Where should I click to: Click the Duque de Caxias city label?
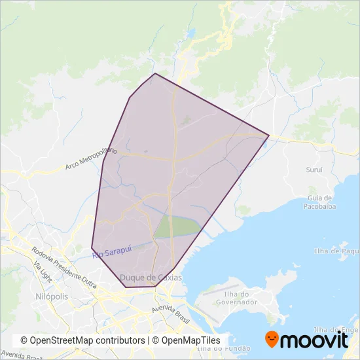(x=151, y=278)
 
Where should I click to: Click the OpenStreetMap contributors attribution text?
(x=82, y=340)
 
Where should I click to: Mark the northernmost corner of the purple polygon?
(x=155, y=73)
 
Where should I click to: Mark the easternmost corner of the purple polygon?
(x=269, y=135)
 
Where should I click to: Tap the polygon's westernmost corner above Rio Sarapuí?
(x=92, y=247)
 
